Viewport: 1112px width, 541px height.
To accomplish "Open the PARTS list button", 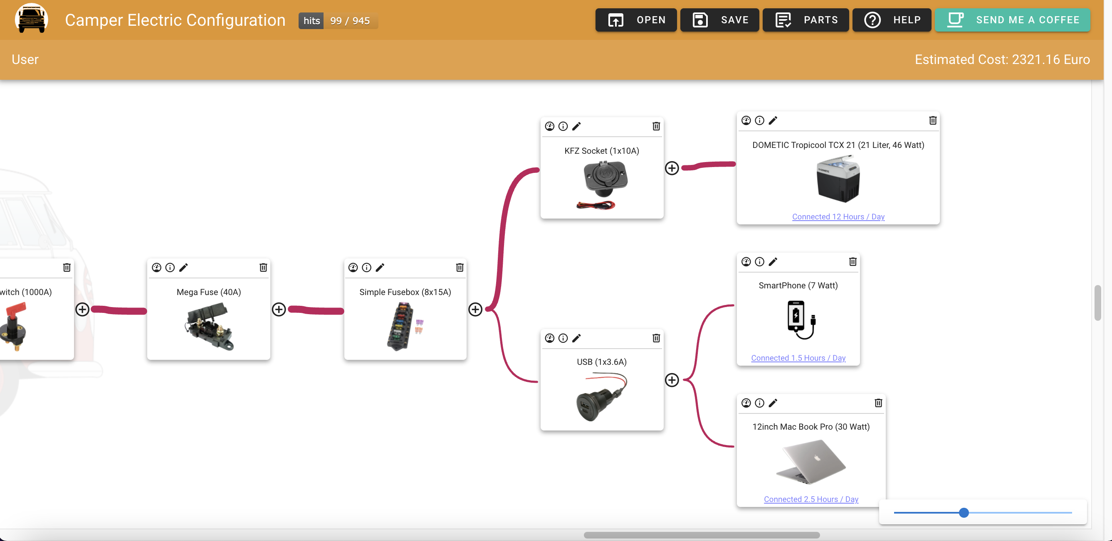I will click(806, 20).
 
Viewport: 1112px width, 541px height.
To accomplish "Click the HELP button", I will click(892, 20).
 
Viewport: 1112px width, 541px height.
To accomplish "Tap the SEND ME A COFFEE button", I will click(1012, 20).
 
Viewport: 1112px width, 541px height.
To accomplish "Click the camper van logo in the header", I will click(31, 19).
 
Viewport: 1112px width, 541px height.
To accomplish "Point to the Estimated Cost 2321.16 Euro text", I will click(1002, 59).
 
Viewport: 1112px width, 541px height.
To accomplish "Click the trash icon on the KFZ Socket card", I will click(656, 126).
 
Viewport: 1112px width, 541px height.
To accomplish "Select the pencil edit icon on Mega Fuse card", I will click(183, 268).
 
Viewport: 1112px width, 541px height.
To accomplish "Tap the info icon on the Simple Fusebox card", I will click(366, 268).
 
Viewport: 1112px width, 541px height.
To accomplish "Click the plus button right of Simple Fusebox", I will click(475, 309).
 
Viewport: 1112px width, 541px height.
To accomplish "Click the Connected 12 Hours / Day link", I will click(838, 216).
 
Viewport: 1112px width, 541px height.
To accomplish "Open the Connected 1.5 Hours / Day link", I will click(798, 358).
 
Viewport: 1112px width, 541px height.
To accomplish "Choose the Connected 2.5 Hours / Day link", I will click(811, 499).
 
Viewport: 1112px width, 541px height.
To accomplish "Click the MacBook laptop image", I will click(811, 462).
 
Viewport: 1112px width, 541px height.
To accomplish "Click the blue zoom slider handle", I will click(964, 512).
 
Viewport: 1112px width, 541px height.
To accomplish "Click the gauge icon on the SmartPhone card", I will click(746, 261).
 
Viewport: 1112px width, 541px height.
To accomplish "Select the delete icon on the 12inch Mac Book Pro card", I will click(878, 403).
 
